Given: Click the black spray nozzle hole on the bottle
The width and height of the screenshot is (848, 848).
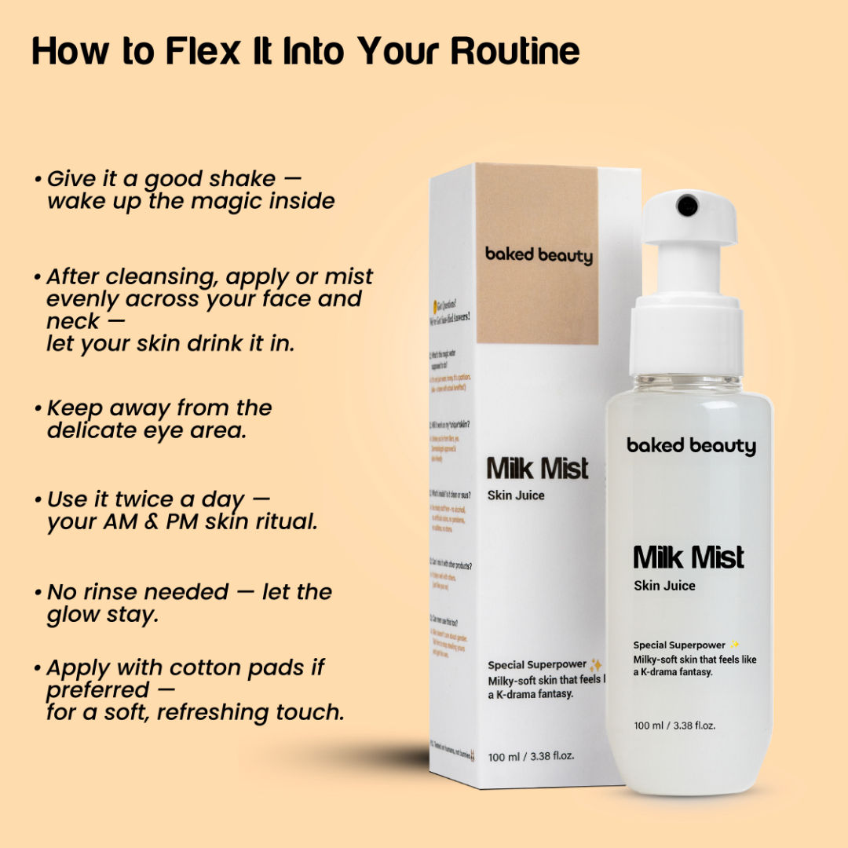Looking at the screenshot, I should pyautogui.click(x=687, y=205).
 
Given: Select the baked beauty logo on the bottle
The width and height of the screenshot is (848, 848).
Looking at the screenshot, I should pyautogui.click(x=691, y=446).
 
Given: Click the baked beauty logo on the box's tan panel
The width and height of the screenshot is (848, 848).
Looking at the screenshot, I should pyautogui.click(x=539, y=254).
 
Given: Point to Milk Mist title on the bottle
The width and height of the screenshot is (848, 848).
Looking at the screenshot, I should pyautogui.click(x=689, y=557).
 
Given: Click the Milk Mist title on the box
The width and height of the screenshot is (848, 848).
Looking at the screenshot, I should pyautogui.click(x=537, y=469).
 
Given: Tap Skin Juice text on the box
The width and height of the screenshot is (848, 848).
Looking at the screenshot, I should pyautogui.click(x=516, y=495).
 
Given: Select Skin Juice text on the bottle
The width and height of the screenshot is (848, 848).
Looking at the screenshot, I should pyautogui.click(x=664, y=586).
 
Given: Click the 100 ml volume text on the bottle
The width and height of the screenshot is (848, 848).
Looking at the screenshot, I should pyautogui.click(x=674, y=726).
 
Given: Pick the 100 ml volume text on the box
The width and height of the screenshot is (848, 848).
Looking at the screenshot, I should pyautogui.click(x=531, y=756).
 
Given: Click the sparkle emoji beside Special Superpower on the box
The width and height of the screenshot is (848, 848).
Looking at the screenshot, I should pyautogui.click(x=596, y=665).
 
